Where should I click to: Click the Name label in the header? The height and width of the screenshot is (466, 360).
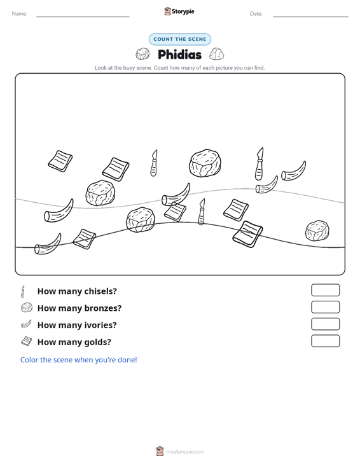click(x=20, y=14)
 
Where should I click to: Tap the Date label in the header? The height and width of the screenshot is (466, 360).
click(x=256, y=14)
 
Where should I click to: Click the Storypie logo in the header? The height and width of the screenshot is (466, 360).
click(x=179, y=11)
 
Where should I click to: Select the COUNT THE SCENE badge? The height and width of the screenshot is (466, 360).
click(x=180, y=39)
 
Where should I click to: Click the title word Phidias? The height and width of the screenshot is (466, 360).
click(x=179, y=55)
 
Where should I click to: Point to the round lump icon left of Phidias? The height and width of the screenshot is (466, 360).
click(x=142, y=54)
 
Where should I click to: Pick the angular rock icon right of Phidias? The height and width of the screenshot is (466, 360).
click(x=217, y=54)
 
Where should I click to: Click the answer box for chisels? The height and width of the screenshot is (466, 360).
click(x=325, y=290)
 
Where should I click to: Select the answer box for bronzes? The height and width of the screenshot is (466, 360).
click(x=325, y=307)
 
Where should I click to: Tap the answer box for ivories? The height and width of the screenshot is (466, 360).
click(x=325, y=324)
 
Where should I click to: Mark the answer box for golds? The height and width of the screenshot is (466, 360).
click(x=325, y=341)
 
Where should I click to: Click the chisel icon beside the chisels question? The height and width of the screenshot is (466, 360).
click(x=23, y=292)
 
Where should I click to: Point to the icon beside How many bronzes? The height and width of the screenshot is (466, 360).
click(x=27, y=308)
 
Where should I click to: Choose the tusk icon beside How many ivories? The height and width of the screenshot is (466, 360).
click(x=26, y=324)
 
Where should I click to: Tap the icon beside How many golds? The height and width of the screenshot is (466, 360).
click(x=27, y=341)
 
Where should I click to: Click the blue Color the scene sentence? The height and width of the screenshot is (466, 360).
click(x=78, y=360)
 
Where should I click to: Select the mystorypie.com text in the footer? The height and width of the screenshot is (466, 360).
click(x=184, y=452)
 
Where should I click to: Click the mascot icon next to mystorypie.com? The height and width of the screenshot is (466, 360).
click(x=160, y=451)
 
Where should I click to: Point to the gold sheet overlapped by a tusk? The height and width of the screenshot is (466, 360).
click(x=175, y=212)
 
